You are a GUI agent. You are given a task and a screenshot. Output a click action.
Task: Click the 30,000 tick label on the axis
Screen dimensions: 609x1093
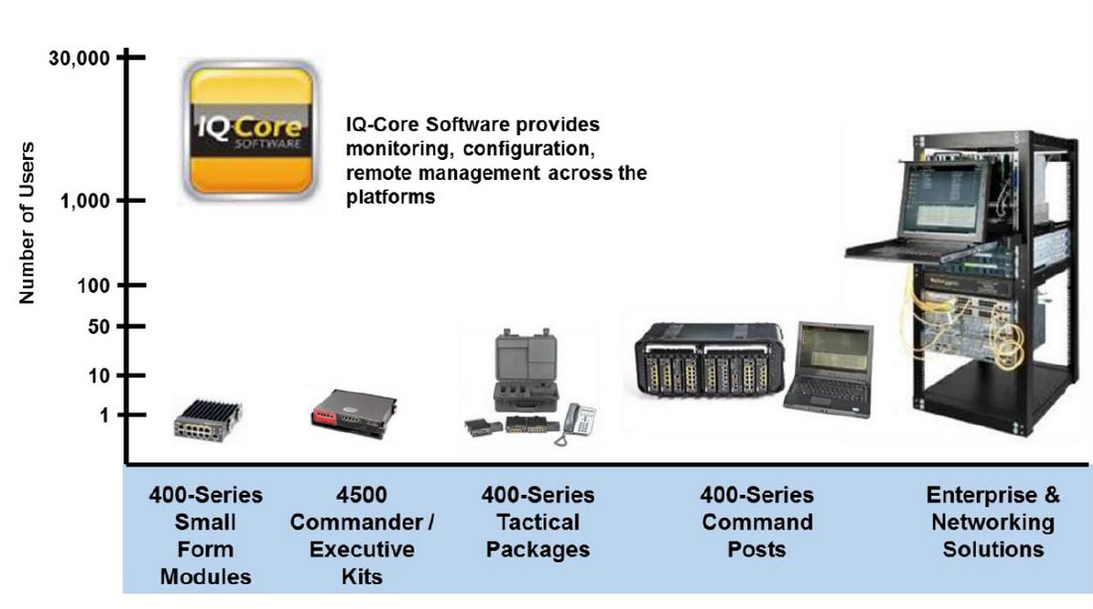click(x=79, y=59)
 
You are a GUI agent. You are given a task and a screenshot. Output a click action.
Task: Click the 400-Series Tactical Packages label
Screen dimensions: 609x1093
click(x=538, y=522)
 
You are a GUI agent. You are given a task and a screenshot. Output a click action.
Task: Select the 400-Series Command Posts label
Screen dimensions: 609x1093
click(x=756, y=522)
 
